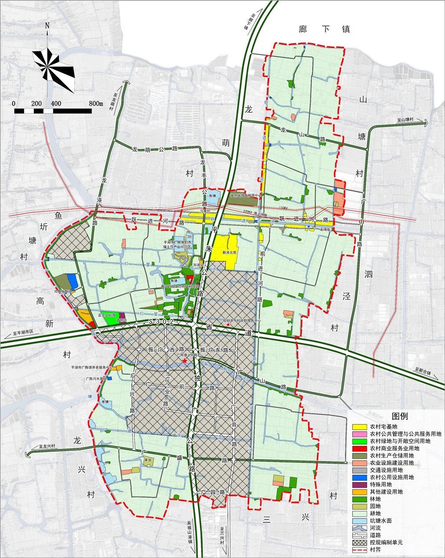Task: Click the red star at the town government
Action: pos(184,362)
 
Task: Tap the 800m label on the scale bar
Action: pos(96,103)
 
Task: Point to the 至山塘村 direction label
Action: pos(405,120)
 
